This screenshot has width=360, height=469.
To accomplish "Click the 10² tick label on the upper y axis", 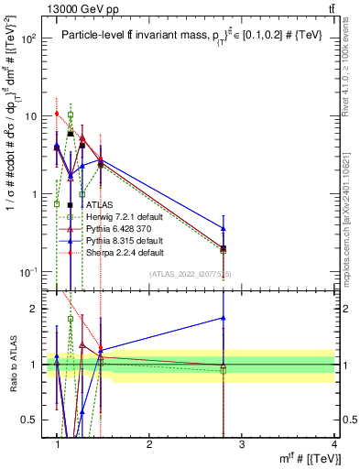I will (29, 38).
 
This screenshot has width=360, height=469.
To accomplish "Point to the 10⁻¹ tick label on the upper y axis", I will (28, 272).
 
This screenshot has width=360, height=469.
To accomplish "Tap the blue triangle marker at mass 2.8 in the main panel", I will (224, 227).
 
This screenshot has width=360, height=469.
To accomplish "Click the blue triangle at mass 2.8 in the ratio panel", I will (224, 318).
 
